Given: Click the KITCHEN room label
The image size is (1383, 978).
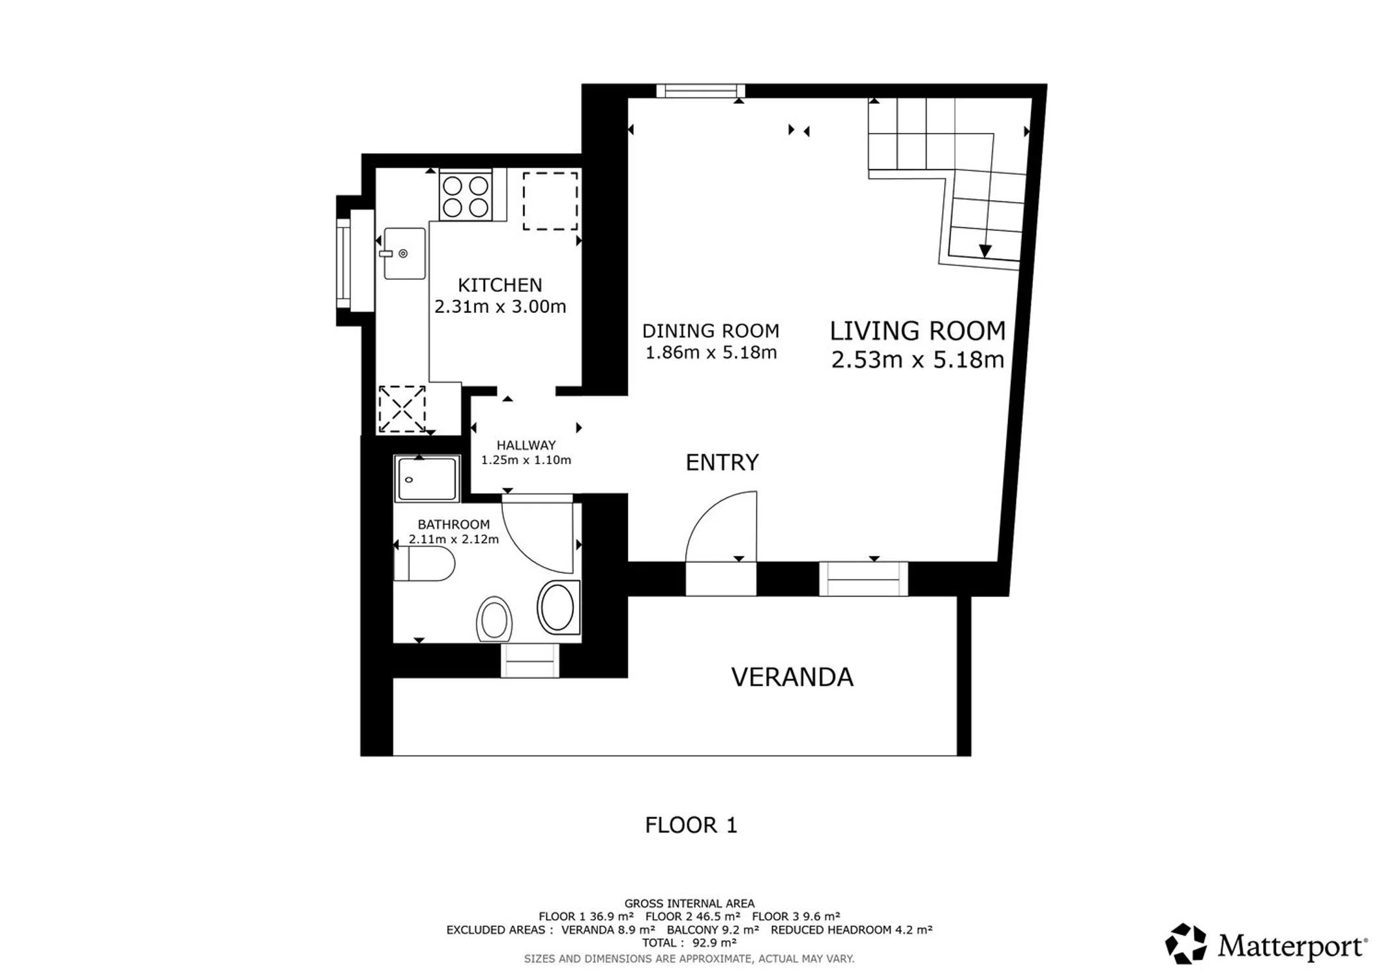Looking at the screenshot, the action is [x=499, y=285].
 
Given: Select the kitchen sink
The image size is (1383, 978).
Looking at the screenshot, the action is [x=404, y=253].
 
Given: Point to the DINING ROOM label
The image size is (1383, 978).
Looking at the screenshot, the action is [x=711, y=331].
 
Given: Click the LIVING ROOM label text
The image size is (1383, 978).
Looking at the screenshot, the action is [x=917, y=331].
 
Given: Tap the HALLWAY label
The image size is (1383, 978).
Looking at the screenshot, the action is [x=526, y=445].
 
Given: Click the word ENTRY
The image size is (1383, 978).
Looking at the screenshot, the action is [x=722, y=462].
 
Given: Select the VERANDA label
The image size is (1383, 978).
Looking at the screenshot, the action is [x=792, y=677].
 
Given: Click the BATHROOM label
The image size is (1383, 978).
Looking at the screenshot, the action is [x=454, y=524].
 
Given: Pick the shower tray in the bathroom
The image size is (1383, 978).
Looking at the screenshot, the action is [x=427, y=479].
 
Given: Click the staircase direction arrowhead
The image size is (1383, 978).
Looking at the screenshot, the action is [x=985, y=251].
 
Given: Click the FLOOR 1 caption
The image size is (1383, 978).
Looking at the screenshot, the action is [x=691, y=825].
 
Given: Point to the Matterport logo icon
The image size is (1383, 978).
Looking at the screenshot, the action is [x=1186, y=943].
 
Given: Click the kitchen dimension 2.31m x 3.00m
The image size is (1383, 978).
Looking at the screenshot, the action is [x=500, y=306].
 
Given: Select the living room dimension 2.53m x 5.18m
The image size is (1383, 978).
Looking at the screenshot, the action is [x=917, y=360].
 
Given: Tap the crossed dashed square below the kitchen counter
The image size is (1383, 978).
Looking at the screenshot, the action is [x=402, y=409].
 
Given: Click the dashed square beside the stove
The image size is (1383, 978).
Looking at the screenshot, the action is [x=550, y=201].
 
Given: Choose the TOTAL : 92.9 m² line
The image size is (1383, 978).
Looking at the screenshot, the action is [x=689, y=943].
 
